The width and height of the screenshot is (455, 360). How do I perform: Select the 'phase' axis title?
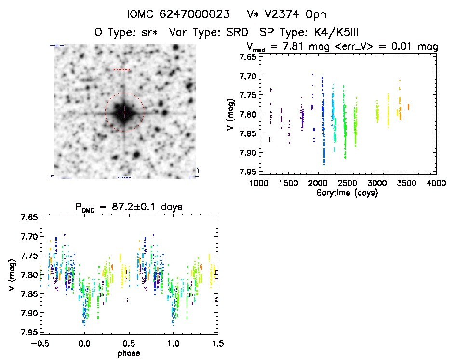129,353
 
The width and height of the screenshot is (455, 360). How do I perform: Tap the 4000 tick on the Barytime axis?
436,183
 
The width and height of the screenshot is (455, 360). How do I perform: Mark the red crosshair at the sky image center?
124,112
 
